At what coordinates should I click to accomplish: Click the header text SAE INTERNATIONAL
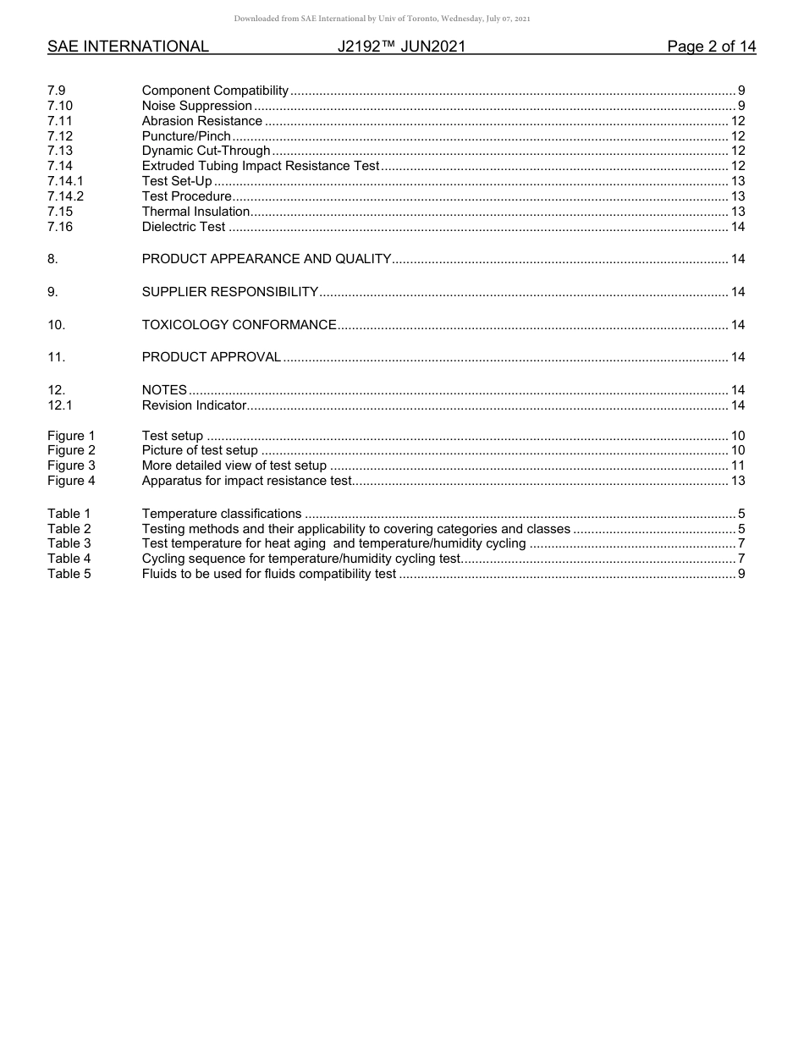click(x=128, y=47)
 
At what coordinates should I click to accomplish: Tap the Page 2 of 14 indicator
click(x=711, y=47)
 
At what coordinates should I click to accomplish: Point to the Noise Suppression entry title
click(x=196, y=106)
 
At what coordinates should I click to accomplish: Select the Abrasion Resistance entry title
click(x=201, y=121)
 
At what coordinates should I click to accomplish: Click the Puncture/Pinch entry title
click(x=186, y=136)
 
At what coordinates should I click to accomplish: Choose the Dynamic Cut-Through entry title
click(x=206, y=151)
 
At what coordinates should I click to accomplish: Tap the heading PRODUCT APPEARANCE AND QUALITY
click(x=266, y=259)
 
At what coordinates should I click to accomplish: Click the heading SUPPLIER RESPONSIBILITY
click(x=229, y=292)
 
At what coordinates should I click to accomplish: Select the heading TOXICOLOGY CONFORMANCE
click(x=239, y=325)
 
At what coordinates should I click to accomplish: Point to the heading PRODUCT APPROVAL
click(x=211, y=357)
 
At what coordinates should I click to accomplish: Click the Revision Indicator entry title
click(x=194, y=405)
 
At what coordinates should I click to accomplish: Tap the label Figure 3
click(x=71, y=465)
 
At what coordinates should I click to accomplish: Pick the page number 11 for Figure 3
click(x=737, y=465)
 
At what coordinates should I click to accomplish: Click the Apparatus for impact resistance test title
click(x=245, y=481)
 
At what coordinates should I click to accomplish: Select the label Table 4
click(x=69, y=559)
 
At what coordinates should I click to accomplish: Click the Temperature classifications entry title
click(x=221, y=514)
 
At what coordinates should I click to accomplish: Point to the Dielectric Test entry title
click(x=184, y=227)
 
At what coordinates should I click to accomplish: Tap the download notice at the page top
click(x=382, y=19)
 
